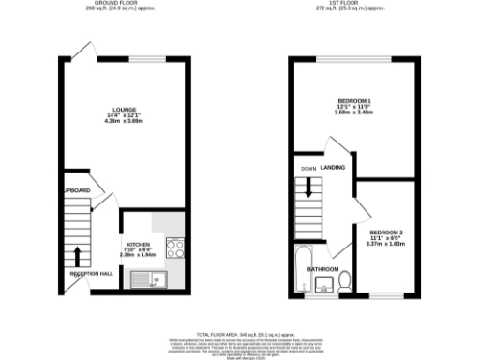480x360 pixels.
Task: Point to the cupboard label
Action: point(78,190)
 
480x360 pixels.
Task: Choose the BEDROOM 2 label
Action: point(385,232)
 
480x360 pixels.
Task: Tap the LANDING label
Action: point(332,168)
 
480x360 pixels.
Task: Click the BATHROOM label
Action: point(323,269)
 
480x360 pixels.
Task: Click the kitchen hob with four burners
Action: point(173,248)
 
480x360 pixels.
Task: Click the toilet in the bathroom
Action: point(344,280)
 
